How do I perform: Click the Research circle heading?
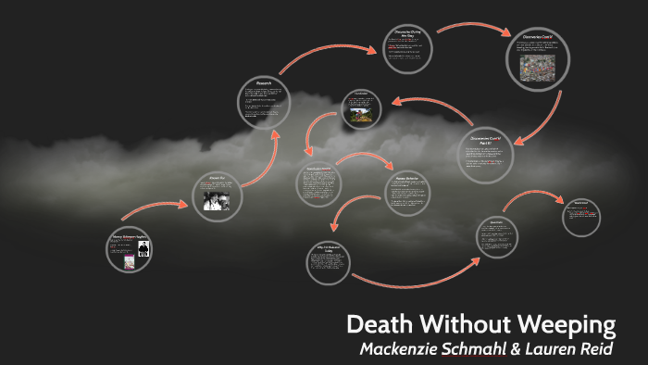tap(264, 83)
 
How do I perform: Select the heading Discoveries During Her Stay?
tap(409, 34)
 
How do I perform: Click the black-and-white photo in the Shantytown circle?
tap(218, 199)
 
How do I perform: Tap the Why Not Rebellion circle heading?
tap(330, 249)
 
